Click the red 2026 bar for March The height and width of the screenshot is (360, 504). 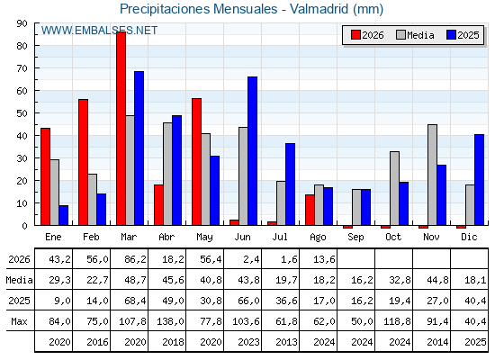click(121, 129)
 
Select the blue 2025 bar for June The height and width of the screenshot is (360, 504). click(252, 151)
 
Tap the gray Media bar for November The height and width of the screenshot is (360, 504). click(432, 175)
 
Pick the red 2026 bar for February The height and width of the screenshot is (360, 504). click(83, 162)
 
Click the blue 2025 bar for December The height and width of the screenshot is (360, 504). click(479, 180)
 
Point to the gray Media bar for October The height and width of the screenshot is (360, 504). click(395, 188)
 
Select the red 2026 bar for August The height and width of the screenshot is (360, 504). click(310, 210)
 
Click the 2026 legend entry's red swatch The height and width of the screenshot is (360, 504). click(355, 35)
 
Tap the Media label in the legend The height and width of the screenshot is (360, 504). click(421, 35)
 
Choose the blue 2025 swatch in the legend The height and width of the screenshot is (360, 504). click(451, 35)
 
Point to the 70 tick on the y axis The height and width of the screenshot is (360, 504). click(22, 68)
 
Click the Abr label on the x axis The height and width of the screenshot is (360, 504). click(166, 238)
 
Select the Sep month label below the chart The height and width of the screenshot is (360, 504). click(355, 238)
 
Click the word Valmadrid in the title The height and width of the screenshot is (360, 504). click(319, 9)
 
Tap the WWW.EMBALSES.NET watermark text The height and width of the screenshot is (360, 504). click(99, 31)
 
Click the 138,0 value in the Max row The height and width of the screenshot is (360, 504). click(170, 321)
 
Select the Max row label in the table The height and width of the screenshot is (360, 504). click(19, 321)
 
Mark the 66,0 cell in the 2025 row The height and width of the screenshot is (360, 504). click(248, 301)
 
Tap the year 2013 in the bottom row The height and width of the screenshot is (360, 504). click(286, 342)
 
